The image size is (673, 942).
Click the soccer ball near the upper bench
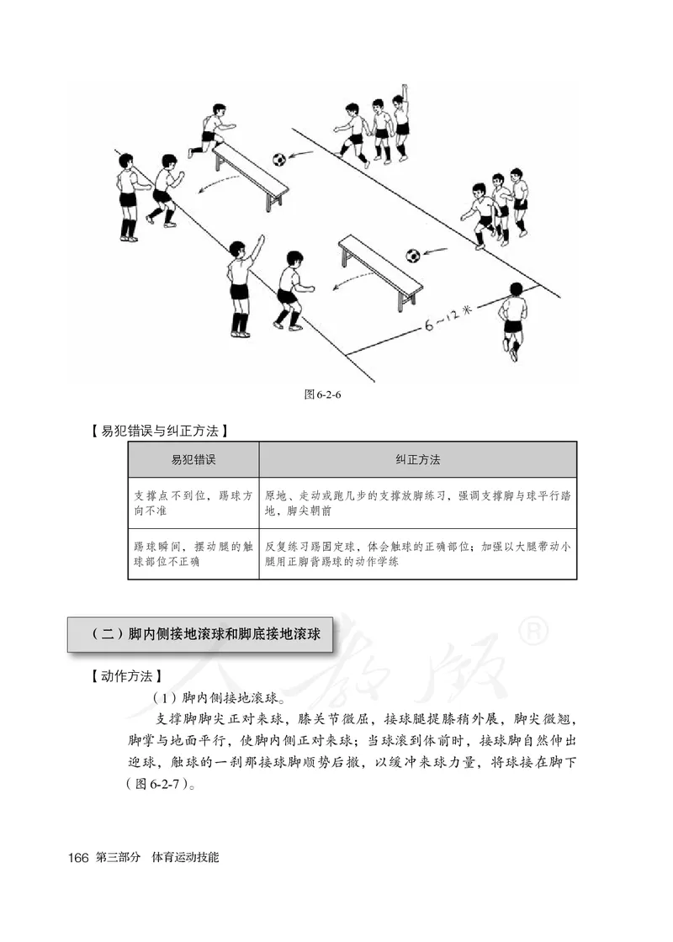click(x=279, y=159)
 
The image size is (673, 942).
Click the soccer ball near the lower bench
click(x=413, y=255)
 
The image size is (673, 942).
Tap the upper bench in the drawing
click(x=251, y=172)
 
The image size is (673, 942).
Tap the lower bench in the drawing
click(x=380, y=267)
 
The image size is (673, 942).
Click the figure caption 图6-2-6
click(x=327, y=394)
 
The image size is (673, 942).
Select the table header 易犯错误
click(x=193, y=459)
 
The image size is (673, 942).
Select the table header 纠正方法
click(x=417, y=459)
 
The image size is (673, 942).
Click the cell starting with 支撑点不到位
click(x=193, y=504)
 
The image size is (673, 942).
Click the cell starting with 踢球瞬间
click(x=193, y=553)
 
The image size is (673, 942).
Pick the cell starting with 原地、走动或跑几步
click(x=417, y=504)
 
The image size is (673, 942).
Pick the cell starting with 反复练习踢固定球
click(x=417, y=553)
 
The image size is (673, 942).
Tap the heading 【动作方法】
click(x=125, y=675)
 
